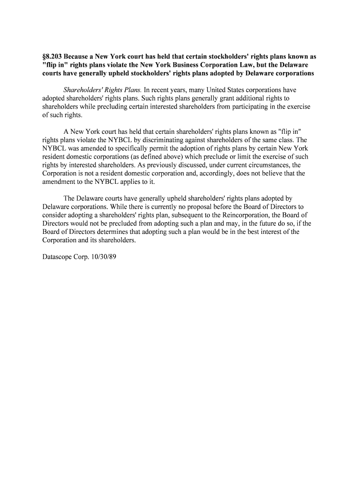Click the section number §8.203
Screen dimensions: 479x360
pyautogui.click(x=52, y=57)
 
